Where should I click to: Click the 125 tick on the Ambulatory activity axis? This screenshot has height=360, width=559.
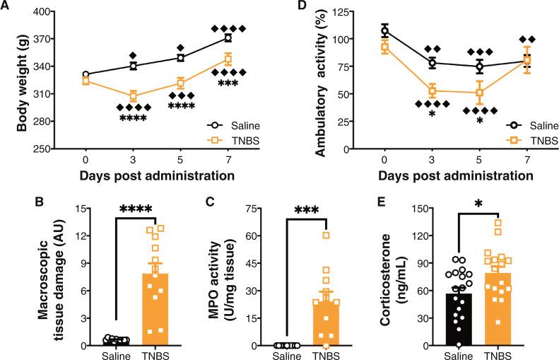point(334,12)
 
